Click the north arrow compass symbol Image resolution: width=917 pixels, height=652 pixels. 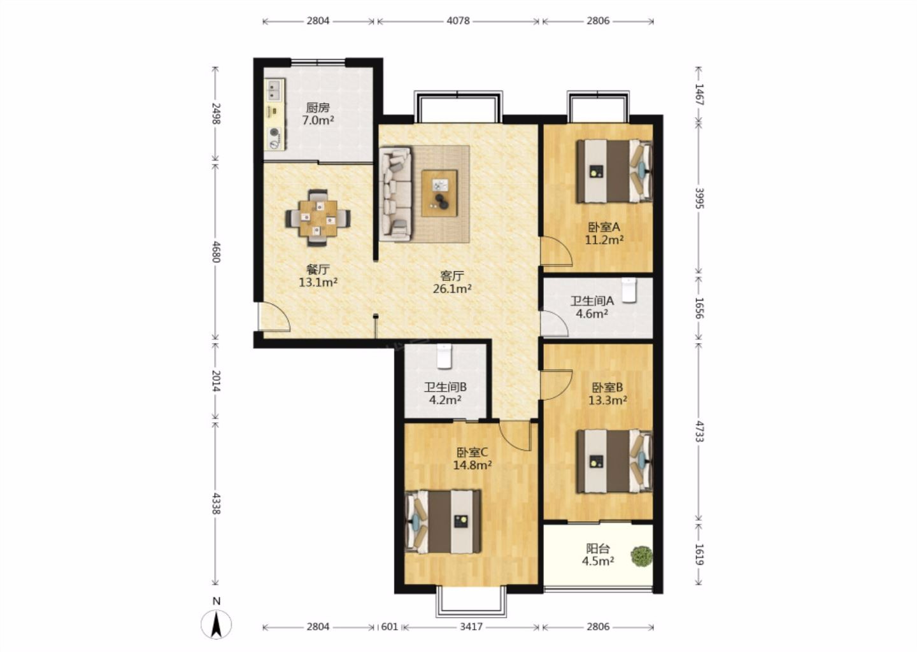[216, 624]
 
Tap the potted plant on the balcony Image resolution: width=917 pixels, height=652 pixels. [641, 556]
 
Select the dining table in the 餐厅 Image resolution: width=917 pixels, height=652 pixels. [318, 218]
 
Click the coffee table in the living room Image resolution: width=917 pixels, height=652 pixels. [439, 193]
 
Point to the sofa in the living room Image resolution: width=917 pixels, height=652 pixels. [395, 194]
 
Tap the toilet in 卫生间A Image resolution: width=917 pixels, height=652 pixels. [629, 290]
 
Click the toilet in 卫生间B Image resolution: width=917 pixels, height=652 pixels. [444, 356]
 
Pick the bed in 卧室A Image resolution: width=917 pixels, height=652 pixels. [614, 171]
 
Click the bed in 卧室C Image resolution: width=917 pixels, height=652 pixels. [443, 521]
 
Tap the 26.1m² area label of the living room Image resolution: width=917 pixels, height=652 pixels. [452, 289]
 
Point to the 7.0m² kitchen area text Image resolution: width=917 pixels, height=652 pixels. [318, 120]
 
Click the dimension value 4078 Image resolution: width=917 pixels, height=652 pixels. [458, 21]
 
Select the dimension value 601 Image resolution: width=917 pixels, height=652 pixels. [389, 627]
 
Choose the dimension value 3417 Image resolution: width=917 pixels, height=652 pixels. [471, 627]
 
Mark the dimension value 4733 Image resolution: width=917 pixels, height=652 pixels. [699, 432]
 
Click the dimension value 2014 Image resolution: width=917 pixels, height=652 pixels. [217, 381]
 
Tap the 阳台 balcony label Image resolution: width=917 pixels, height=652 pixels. [598, 548]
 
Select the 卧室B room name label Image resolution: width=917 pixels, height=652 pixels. [608, 386]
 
